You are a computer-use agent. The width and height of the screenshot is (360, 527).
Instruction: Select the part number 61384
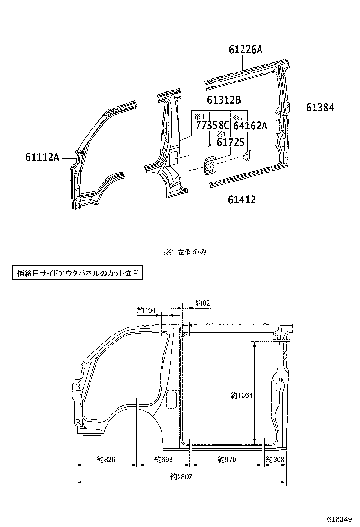[320, 108]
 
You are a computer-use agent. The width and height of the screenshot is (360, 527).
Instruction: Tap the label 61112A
[42, 156]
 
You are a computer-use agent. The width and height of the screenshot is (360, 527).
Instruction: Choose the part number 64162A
[251, 126]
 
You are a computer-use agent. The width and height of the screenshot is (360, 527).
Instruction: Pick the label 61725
[230, 142]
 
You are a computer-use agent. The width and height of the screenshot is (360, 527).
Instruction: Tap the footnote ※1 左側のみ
[185, 252]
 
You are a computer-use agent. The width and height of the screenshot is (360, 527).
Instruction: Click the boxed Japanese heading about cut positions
[76, 273]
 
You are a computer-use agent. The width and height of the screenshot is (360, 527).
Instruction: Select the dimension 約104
[146, 310]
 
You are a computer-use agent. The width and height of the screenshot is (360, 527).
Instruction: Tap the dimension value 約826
[107, 459]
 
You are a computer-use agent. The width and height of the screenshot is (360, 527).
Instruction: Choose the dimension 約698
[163, 459]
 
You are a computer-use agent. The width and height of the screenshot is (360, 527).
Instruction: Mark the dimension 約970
[227, 459]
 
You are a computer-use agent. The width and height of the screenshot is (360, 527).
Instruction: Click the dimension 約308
[275, 459]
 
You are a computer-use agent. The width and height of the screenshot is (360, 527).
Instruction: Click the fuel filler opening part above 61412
[209, 165]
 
